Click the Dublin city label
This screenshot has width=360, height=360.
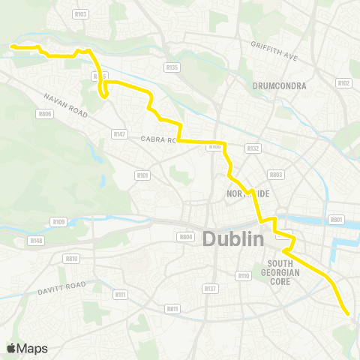click(233, 239)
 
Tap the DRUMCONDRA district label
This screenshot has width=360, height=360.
click(281, 85)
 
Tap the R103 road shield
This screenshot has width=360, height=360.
click(81, 13)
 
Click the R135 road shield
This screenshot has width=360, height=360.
click(172, 67)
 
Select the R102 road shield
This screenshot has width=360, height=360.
click(344, 83)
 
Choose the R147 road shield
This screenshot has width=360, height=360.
click(119, 133)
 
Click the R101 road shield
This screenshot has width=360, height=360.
click(142, 175)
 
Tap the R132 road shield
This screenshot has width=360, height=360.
click(253, 148)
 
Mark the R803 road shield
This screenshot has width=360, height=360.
click(276, 174)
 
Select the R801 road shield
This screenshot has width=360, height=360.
click(336, 220)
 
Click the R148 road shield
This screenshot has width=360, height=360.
click(35, 240)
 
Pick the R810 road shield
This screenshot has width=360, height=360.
click(72, 258)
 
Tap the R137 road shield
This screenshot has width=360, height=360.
click(210, 288)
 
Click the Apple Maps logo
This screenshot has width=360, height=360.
click(27, 348)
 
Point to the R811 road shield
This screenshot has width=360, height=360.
click(173, 308)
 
